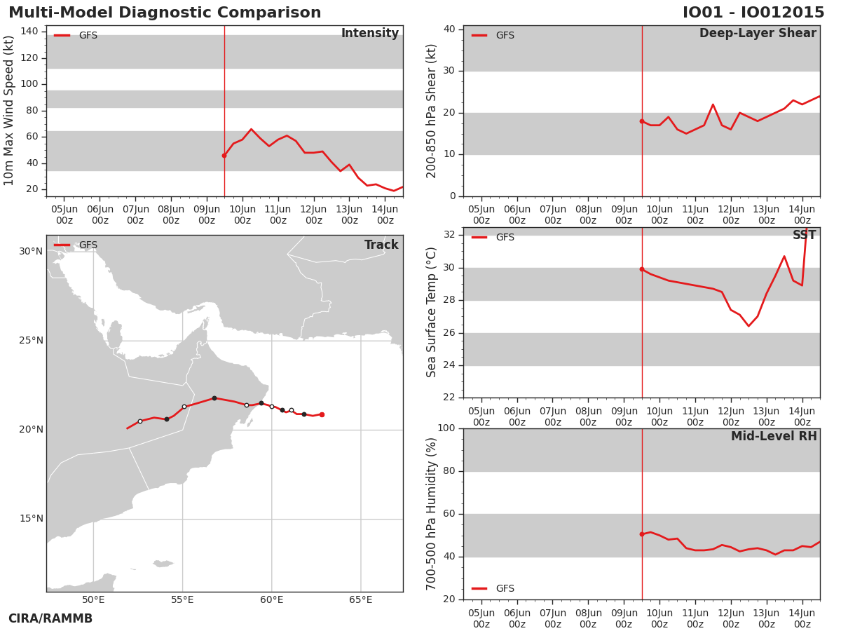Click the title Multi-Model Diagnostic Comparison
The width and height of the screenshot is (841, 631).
coord(165,12)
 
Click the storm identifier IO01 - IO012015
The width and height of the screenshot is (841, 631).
coord(753,12)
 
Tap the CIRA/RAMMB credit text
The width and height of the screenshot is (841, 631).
coord(50,618)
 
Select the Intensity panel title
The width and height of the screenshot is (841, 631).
coord(370,33)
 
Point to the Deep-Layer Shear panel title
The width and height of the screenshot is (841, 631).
coord(758,33)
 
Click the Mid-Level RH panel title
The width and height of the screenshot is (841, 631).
coord(774,436)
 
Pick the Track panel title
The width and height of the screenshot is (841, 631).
coord(381,245)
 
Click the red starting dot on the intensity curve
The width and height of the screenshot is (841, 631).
coord(224,156)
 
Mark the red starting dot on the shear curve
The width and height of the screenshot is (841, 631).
coord(642,121)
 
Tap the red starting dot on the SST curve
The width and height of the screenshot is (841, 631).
coord(642,269)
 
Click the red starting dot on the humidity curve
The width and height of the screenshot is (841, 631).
coord(642,534)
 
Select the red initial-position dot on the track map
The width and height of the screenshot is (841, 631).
coord(322,414)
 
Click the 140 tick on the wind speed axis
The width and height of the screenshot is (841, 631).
coord(29,32)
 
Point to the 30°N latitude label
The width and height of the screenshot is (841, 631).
coord(31,251)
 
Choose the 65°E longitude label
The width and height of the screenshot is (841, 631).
coord(360,599)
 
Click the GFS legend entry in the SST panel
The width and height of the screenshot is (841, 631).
coord(493,237)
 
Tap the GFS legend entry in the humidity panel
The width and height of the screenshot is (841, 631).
coord(493,588)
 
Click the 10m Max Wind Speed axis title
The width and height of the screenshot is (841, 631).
coord(8,111)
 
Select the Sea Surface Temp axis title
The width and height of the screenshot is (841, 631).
coord(431,312)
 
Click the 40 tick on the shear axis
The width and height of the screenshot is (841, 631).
coord(449,29)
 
